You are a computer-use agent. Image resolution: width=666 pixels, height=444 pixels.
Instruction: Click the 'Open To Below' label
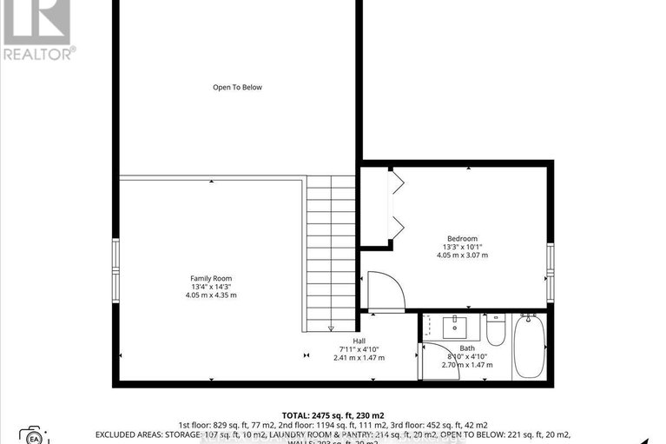click(x=237, y=87)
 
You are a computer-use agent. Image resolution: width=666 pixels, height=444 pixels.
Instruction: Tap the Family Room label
click(x=211, y=279)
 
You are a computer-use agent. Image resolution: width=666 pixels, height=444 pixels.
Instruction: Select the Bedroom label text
click(x=462, y=239)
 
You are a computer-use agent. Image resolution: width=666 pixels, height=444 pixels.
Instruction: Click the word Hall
click(x=359, y=341)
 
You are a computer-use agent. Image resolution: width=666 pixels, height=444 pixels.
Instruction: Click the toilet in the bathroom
click(x=495, y=330)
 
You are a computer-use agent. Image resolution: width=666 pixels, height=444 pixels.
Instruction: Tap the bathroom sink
click(x=454, y=328)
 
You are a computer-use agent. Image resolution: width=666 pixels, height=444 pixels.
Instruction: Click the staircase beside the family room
click(x=330, y=252)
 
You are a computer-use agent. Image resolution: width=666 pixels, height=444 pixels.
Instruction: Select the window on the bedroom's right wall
click(x=550, y=272)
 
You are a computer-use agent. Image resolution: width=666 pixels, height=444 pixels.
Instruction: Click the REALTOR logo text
click(x=37, y=54)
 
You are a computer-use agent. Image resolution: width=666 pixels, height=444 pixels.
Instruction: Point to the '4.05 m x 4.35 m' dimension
click(x=211, y=295)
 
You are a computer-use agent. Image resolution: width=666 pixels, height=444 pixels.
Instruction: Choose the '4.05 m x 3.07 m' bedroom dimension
click(x=462, y=255)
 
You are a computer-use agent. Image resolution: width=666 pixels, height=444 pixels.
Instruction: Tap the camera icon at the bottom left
click(x=34, y=434)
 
